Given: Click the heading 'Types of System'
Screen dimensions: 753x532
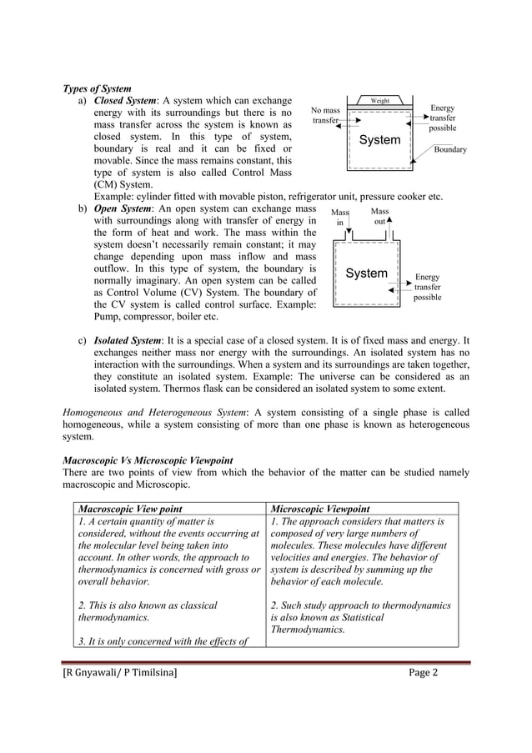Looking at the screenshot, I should (x=98, y=89).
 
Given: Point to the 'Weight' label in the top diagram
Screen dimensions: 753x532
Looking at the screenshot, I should (x=380, y=101).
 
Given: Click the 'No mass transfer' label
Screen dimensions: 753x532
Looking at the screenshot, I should (x=324, y=115).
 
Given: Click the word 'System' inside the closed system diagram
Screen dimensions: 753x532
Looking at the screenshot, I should (x=379, y=140).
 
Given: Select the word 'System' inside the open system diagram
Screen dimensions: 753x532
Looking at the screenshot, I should (x=366, y=274).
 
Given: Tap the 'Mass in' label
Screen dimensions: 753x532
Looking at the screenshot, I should (x=339, y=218).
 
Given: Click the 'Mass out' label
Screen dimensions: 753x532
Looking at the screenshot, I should (x=379, y=217).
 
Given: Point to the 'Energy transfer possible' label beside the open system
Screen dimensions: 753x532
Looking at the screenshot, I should (x=427, y=287).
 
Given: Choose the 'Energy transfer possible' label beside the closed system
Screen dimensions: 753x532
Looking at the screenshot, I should (x=442, y=118).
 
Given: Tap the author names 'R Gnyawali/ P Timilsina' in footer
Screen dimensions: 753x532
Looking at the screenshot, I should (x=120, y=674).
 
